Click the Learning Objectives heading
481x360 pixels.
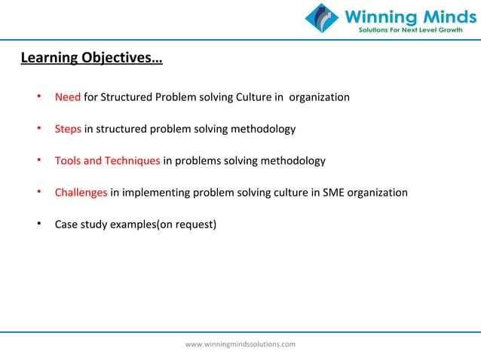(x=90, y=57)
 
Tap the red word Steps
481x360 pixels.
(x=68, y=129)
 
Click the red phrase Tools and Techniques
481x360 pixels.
(x=107, y=160)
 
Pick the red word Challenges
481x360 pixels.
(x=81, y=192)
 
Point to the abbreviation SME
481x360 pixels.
(x=334, y=192)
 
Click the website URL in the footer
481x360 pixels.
(x=240, y=344)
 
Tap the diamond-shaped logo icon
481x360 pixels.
(x=322, y=19)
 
